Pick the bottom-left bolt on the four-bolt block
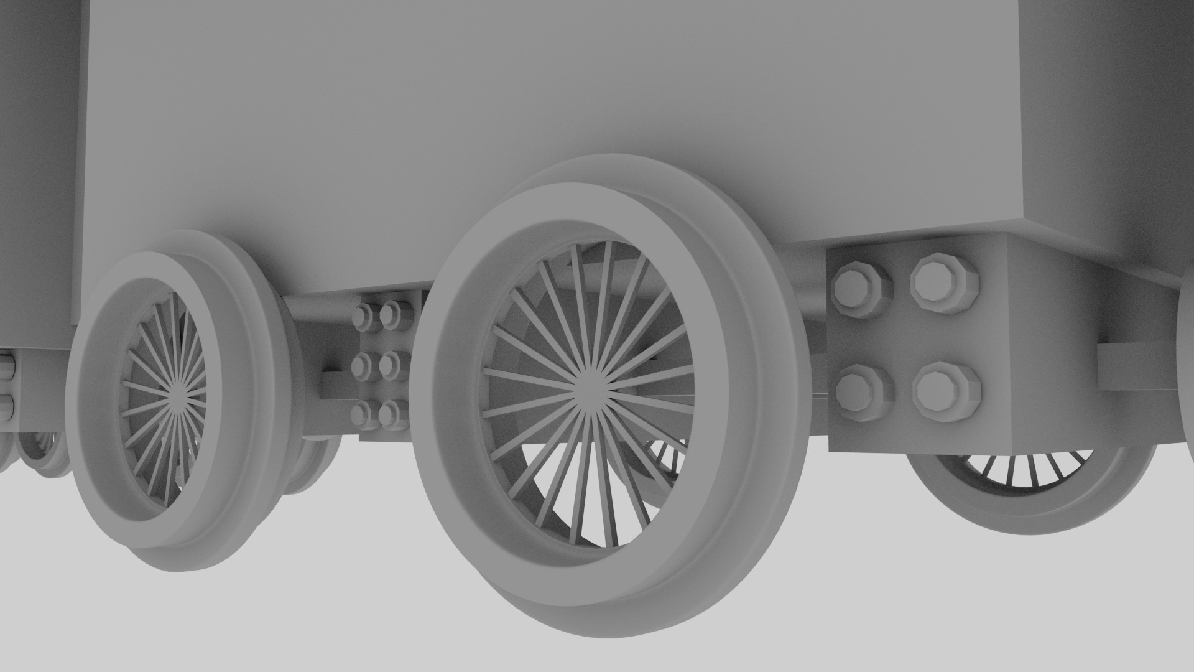(x=864, y=393)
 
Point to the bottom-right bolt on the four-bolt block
(x=946, y=390)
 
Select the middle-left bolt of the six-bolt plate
(x=362, y=366)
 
